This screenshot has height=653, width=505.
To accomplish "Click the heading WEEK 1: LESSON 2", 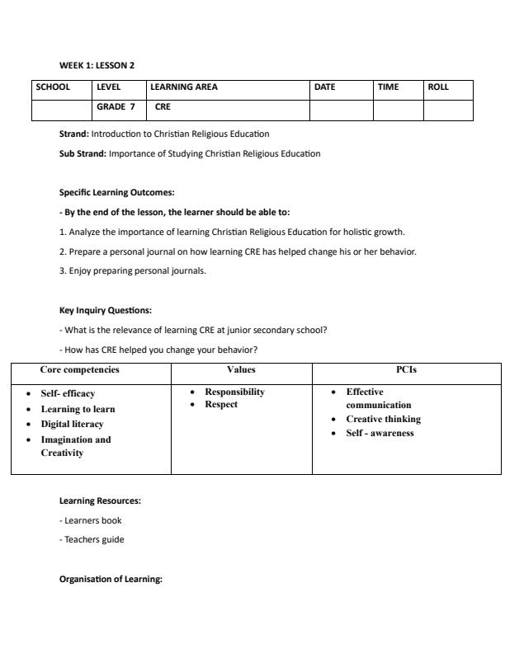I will pos(97,65).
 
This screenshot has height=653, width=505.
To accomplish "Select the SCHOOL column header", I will pos(53,87).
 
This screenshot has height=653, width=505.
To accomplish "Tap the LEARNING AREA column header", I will pos(184,87).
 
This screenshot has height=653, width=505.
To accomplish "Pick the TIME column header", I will pos(388,87).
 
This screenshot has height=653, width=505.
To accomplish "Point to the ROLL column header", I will pos(438,87).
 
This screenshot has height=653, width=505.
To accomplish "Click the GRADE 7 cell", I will pos(116,106).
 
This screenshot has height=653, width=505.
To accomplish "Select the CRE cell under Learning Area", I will pos(163,106).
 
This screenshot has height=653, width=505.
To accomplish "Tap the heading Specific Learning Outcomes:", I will pos(116,192).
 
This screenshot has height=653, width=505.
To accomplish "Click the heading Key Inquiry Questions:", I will pos(105,310).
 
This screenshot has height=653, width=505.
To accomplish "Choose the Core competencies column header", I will pos(80,370).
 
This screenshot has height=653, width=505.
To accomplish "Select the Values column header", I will pos(241,370).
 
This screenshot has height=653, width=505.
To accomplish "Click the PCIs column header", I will pos(406,370).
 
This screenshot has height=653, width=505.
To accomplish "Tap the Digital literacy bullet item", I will pos(73,424).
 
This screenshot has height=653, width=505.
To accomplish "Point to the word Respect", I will pos(221,405).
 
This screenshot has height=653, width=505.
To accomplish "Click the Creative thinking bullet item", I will pos(383,419).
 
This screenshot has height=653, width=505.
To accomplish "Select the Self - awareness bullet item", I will pos(380,433).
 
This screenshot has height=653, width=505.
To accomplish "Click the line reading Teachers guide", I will pos(95,539).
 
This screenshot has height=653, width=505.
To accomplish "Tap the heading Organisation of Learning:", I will pos(111,579).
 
